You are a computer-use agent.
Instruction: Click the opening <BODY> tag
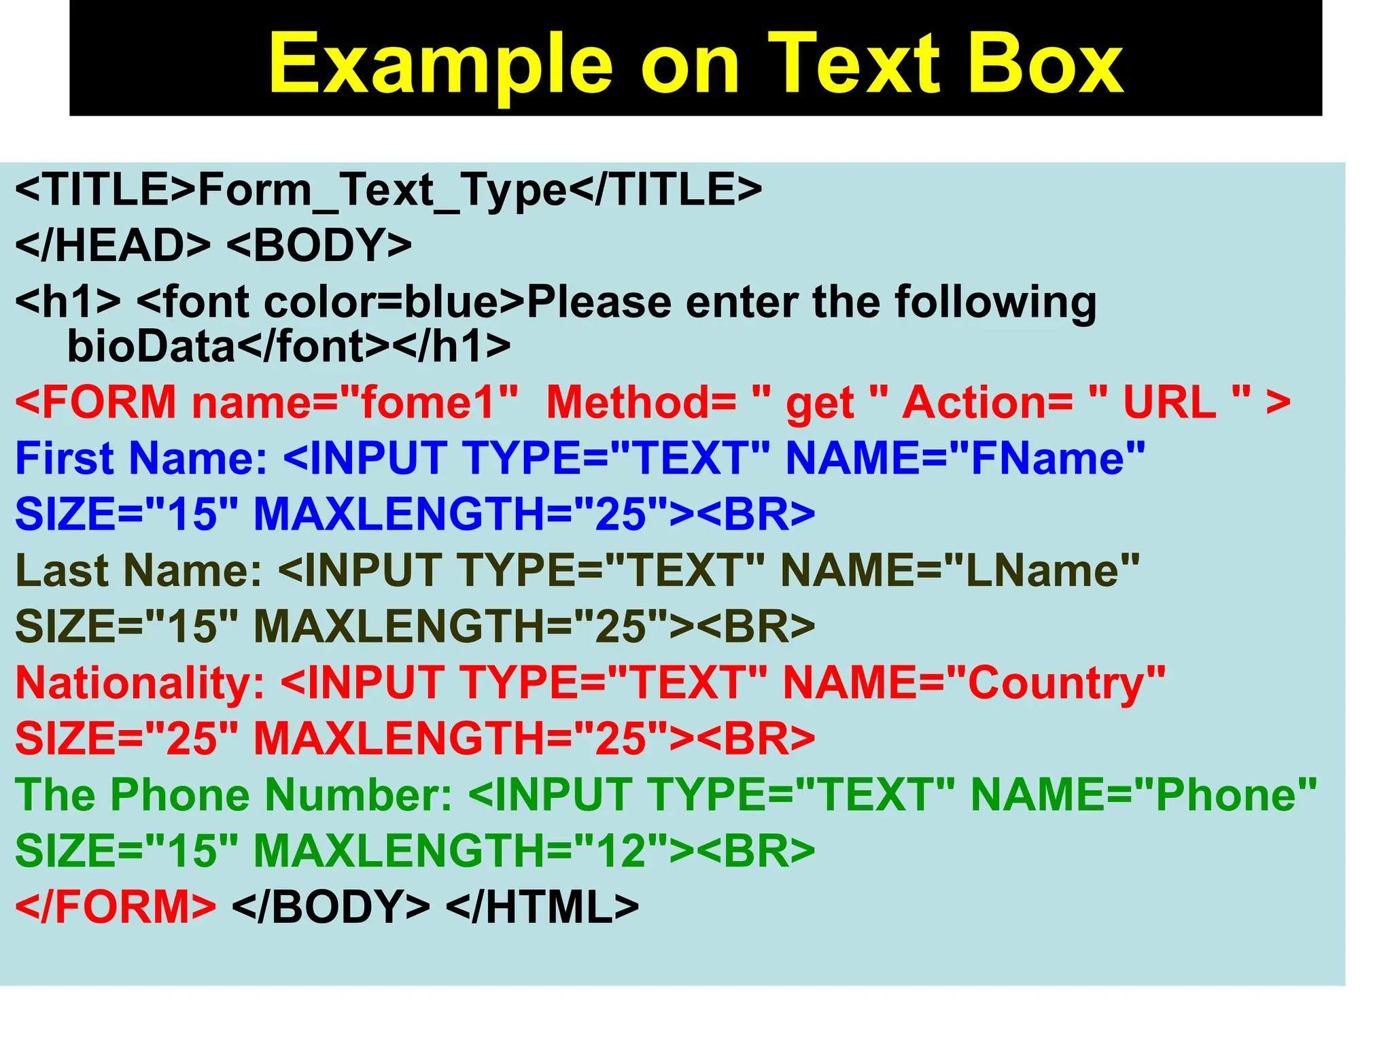coord(319,245)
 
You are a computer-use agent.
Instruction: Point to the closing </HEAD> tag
coord(113,245)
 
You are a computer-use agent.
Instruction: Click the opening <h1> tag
coord(68,302)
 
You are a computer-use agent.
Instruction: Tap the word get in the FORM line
coord(820,402)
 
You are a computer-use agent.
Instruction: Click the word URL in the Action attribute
coord(1169,402)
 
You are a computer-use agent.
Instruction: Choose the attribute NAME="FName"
coord(965,458)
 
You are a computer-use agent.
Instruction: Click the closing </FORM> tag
coord(116,907)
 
